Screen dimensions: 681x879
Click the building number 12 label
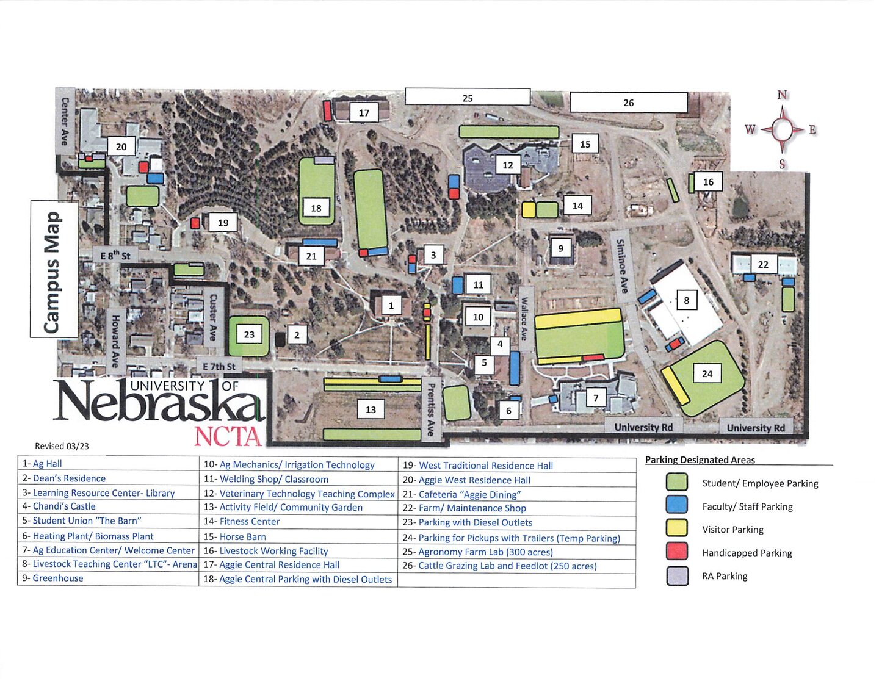click(x=508, y=165)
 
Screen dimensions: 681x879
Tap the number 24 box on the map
click(x=707, y=373)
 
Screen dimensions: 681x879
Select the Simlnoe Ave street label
click(x=621, y=265)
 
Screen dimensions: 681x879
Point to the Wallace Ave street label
click(x=524, y=318)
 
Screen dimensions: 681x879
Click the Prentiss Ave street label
click(x=430, y=409)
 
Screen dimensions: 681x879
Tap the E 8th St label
click(x=115, y=255)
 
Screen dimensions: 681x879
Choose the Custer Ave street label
click(x=213, y=315)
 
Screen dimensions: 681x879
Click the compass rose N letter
click(x=783, y=95)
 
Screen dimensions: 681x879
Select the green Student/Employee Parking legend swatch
click(x=677, y=483)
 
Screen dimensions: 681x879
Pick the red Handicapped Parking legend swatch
click(x=677, y=552)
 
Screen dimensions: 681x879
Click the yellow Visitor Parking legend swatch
click(x=677, y=528)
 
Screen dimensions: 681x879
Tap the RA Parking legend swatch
click(x=677, y=575)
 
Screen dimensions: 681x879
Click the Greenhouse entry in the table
click(x=58, y=578)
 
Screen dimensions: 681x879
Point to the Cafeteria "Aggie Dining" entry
click(x=469, y=494)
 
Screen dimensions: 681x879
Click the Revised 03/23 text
click(x=62, y=446)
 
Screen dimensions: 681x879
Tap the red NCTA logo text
click(x=228, y=436)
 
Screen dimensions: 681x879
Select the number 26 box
click(x=628, y=103)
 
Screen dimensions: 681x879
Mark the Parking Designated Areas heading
click(x=700, y=460)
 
